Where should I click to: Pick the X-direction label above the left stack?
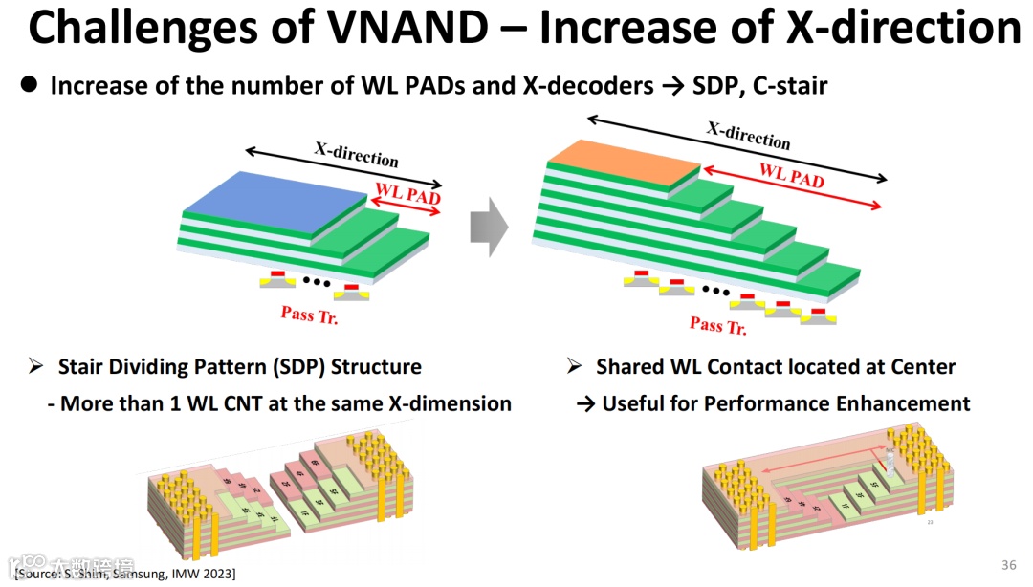point(356,153)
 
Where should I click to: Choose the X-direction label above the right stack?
point(748,135)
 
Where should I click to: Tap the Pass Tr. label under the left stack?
point(309,315)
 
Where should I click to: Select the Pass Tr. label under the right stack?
point(718,326)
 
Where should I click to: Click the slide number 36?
point(1008,564)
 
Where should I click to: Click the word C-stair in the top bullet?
point(792,86)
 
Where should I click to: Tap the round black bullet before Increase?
point(29,85)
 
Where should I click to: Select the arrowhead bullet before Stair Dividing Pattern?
point(36,366)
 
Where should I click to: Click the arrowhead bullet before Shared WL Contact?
point(574,366)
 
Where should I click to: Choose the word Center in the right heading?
point(919,366)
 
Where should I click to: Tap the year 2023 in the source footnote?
point(219,574)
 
